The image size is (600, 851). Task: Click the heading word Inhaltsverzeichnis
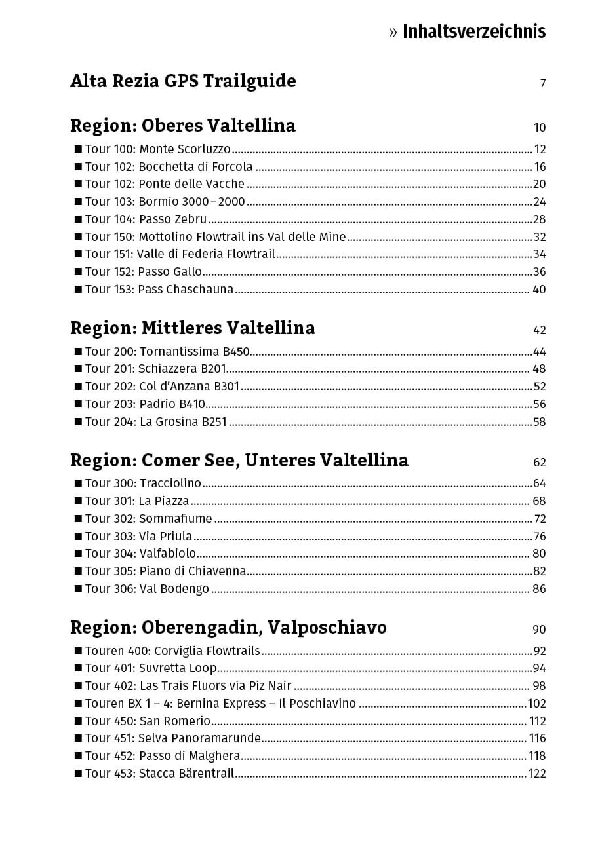coord(473,31)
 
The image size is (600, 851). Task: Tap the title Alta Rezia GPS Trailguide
coord(183,81)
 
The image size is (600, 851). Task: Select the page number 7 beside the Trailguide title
coord(542,83)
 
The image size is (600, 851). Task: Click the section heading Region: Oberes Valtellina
coord(183,126)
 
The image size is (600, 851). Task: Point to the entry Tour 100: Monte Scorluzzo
coord(158,149)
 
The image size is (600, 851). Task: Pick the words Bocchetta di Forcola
coord(195,167)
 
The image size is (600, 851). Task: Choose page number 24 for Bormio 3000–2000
coord(539,202)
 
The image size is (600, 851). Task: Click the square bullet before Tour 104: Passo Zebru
coord(78,219)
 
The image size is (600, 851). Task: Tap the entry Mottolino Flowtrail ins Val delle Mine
coord(242,237)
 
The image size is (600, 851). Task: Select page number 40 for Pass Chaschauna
coord(538,290)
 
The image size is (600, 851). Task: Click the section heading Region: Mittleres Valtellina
coord(193,328)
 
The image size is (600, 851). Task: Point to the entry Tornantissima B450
coord(194,352)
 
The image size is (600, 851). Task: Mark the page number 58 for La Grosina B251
coord(539,422)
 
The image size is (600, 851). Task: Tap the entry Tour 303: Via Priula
coord(139,537)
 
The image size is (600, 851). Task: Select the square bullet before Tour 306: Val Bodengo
coord(78,589)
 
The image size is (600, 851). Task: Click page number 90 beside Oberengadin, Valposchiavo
coord(539,630)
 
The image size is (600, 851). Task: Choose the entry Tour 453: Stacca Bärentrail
coord(159,774)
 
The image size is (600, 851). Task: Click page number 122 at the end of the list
coord(537,774)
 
